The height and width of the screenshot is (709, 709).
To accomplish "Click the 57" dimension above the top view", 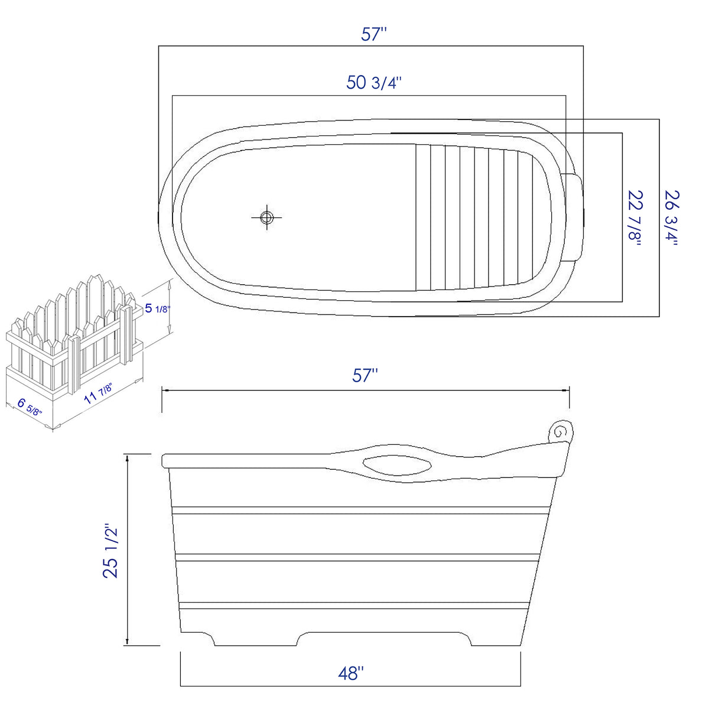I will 373,34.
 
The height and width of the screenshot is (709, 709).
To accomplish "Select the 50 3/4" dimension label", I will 374,83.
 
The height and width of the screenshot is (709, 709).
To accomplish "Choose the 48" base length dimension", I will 351,673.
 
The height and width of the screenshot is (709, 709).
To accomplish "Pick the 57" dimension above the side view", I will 365,375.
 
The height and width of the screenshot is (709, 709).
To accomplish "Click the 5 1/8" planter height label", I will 155,308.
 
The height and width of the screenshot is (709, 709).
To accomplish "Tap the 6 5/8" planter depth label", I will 29,407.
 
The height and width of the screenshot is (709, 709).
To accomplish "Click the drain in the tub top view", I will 266,217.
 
